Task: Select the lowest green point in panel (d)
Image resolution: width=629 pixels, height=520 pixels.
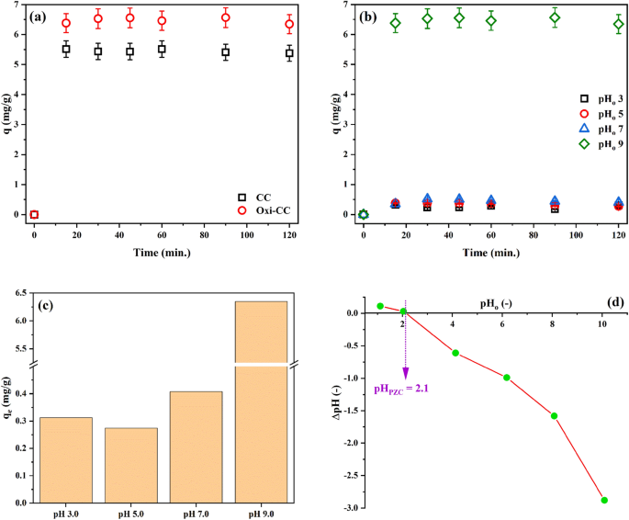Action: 604,500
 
